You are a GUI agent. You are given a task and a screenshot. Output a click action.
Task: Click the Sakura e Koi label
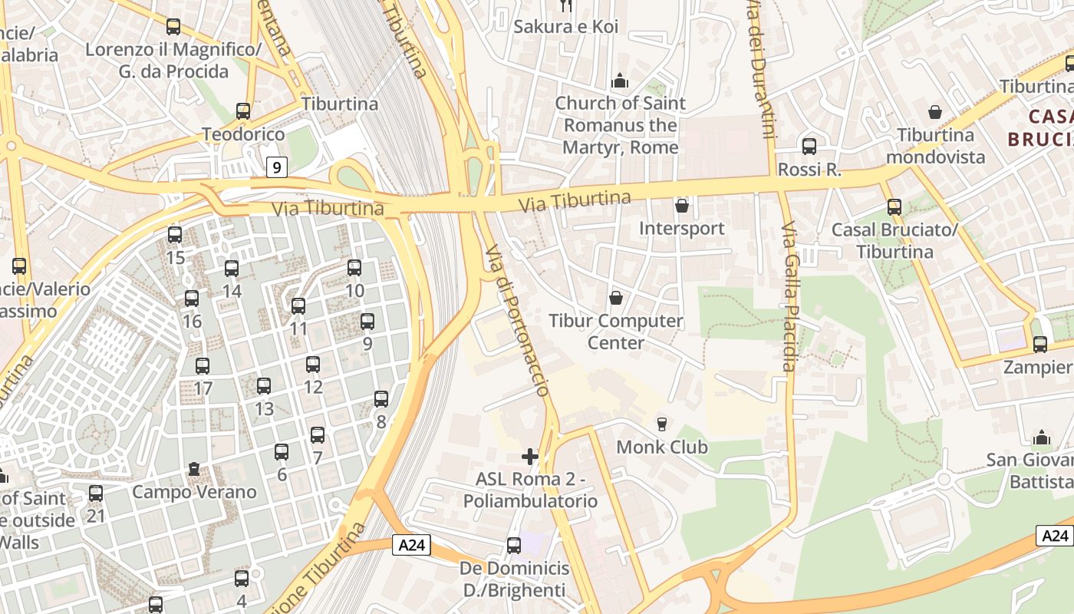pyautogui.click(x=565, y=26)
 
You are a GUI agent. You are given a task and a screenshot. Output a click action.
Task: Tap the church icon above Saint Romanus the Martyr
pyautogui.click(x=619, y=81)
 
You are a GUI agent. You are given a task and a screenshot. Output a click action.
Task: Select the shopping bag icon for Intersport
pyautogui.click(x=681, y=206)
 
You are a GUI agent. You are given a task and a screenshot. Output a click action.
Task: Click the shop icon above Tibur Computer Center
pyautogui.click(x=615, y=298)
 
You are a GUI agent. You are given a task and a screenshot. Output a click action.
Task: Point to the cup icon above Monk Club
pyautogui.click(x=662, y=424)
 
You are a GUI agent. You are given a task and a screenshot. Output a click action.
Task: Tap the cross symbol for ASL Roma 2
pyautogui.click(x=529, y=457)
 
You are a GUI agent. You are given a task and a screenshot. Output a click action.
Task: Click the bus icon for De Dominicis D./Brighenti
pyautogui.click(x=514, y=546)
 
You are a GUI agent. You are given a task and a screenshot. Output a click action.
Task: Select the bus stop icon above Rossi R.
pyautogui.click(x=809, y=146)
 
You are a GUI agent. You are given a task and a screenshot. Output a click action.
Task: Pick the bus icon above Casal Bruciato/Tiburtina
pyautogui.click(x=894, y=206)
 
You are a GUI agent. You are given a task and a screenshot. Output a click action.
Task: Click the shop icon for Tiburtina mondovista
pyautogui.click(x=935, y=112)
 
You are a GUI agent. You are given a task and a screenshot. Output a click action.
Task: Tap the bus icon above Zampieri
pyautogui.click(x=1040, y=345)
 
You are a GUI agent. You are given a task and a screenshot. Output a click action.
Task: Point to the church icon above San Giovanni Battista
pyautogui.click(x=1041, y=437)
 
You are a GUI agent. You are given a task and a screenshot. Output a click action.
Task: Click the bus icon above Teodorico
pyautogui.click(x=243, y=111)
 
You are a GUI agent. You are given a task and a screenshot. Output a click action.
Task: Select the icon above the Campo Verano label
pyautogui.click(x=194, y=468)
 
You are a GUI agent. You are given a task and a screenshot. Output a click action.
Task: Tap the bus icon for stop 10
pyautogui.click(x=354, y=268)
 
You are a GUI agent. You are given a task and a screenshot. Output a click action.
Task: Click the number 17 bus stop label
pyautogui.click(x=203, y=388)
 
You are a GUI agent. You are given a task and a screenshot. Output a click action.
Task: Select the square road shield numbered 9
pyautogui.click(x=277, y=167)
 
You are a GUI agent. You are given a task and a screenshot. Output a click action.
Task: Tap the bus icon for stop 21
pyautogui.click(x=96, y=494)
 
